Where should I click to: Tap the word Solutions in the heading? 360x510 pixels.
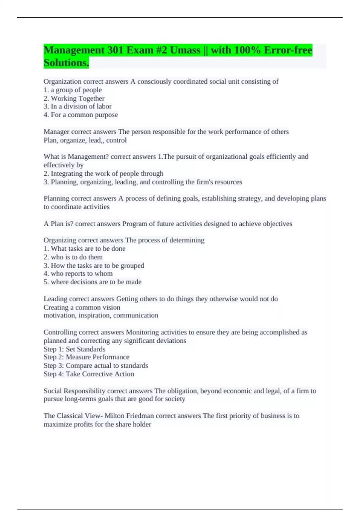(66, 63)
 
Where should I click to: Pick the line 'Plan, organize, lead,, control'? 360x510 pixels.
(85, 140)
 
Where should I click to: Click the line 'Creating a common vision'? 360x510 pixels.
(82, 307)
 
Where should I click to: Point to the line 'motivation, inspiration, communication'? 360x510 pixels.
(101, 315)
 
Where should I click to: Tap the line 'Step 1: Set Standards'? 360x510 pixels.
(74, 349)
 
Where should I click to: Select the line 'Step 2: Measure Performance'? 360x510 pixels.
(86, 357)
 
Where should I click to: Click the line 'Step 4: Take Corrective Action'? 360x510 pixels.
(89, 374)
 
